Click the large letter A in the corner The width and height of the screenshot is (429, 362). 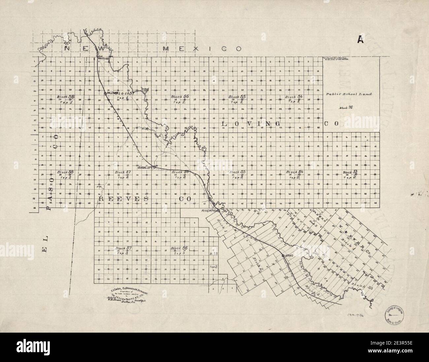[360, 40]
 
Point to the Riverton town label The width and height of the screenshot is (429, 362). [209, 210]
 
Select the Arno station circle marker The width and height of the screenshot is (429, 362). [283, 256]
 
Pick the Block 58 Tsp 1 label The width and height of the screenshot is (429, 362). [66, 99]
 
